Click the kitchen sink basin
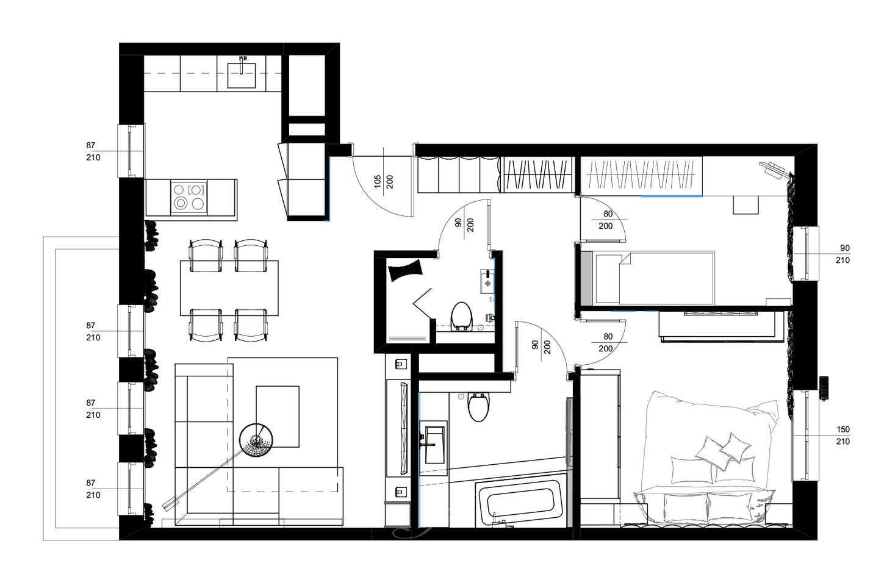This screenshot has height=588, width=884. pyautogui.click(x=241, y=75)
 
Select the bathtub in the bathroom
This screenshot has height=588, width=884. pyautogui.click(x=520, y=503)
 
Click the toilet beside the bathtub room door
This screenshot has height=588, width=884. pyautogui.click(x=478, y=407)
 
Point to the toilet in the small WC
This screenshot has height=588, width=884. pyautogui.click(x=461, y=316)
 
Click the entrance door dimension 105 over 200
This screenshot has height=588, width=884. pyautogui.click(x=384, y=182)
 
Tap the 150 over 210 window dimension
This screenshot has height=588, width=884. pyautogui.click(x=843, y=436)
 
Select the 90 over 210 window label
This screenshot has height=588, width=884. pyautogui.click(x=843, y=254)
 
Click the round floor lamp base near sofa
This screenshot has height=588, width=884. pyautogui.click(x=256, y=440)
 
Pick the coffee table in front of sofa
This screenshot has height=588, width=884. pyautogui.click(x=278, y=417)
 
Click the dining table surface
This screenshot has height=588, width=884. pyautogui.click(x=229, y=288)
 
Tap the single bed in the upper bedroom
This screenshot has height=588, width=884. pyautogui.click(x=648, y=278)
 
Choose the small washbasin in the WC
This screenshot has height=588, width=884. pyautogui.click(x=487, y=281)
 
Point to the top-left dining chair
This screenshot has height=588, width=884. pyautogui.click(x=206, y=255)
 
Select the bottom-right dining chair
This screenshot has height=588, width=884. pyautogui.click(x=251, y=325)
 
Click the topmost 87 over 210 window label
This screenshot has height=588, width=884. pyautogui.click(x=93, y=151)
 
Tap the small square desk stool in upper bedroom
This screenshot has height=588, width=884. pyautogui.click(x=746, y=205)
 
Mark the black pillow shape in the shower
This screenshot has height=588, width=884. pyautogui.click(x=405, y=270)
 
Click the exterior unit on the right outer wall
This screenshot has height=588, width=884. pyautogui.click(x=824, y=389)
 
